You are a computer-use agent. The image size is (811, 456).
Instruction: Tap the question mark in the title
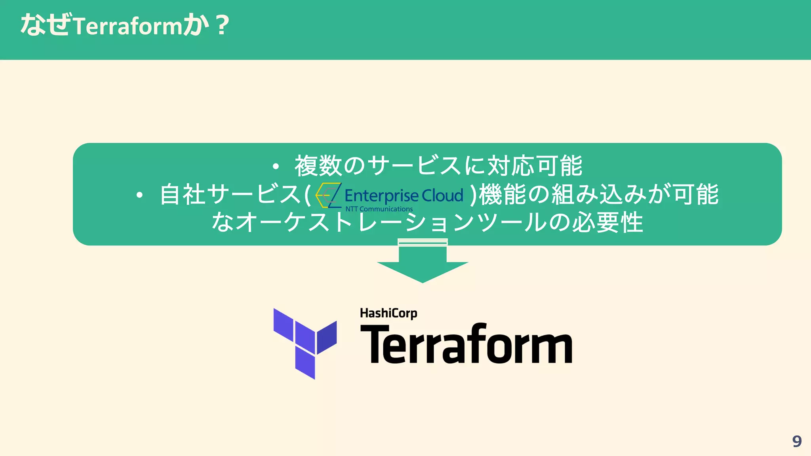coord(223,25)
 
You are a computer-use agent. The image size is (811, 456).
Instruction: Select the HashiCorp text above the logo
coord(388,313)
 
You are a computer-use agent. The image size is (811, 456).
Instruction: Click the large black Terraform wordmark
coord(466,344)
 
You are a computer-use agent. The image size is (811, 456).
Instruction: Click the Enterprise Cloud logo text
coord(404,196)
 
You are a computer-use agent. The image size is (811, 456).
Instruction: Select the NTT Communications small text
coord(379,209)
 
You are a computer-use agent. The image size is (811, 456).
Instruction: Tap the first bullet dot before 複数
coord(276,166)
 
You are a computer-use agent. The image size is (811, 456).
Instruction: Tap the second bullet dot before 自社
coord(139,195)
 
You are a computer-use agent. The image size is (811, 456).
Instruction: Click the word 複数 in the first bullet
coord(318,165)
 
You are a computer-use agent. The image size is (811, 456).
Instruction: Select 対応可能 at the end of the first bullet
coord(535,165)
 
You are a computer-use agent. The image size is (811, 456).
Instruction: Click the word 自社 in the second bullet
coord(182,194)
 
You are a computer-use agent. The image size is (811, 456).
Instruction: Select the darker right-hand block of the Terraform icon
coord(327,337)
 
